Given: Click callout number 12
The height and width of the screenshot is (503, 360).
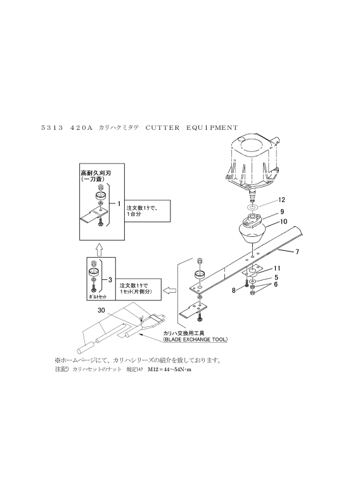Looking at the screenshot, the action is click(x=281, y=200).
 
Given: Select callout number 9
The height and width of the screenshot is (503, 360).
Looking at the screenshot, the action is click(x=282, y=212).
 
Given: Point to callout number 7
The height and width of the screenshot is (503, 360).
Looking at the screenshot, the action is click(x=297, y=252).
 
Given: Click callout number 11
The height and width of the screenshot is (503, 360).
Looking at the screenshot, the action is click(x=277, y=269).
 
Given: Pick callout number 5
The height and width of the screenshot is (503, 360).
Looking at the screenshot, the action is click(x=276, y=277).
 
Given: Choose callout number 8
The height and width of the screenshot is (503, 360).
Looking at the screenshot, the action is click(x=234, y=290).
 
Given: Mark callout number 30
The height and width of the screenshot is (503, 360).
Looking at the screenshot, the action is click(x=101, y=310).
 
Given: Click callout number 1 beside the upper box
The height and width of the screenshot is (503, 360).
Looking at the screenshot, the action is click(x=119, y=204).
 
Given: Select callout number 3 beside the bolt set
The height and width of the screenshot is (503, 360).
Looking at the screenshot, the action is click(x=110, y=280).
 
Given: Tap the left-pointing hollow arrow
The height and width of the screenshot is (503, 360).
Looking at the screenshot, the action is click(x=169, y=291).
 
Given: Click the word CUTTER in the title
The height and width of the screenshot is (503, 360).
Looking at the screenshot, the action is click(x=163, y=128).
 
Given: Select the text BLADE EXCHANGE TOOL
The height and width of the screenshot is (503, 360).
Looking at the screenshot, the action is click(x=195, y=339).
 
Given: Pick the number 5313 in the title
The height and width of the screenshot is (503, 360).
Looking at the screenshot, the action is click(x=52, y=128).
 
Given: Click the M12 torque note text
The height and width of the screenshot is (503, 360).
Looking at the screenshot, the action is click(x=169, y=369).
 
